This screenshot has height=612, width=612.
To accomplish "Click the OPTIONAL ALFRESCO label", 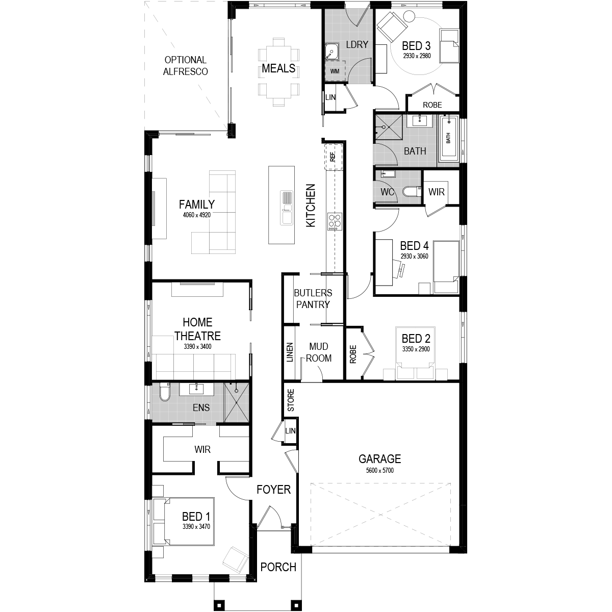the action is tap(185, 66).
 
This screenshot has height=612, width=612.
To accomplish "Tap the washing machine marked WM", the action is tap(335, 71).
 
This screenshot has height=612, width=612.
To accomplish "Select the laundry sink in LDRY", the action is tap(331, 52).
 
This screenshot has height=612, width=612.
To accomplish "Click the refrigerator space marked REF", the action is tap(333, 157).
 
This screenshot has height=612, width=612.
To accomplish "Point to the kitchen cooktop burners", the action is tap(335, 221).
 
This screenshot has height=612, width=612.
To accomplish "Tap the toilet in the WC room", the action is tap(412, 192).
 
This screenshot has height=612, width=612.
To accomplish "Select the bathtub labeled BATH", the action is tap(448, 138).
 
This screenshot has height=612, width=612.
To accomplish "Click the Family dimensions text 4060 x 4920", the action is tap(196, 215).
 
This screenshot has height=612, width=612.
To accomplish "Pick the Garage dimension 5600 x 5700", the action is tap(380, 470).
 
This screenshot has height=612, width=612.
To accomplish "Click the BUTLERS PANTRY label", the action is tap(313, 298).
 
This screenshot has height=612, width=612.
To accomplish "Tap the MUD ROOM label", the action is tap(319, 352).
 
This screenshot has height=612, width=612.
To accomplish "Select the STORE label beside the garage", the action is tap(291, 400).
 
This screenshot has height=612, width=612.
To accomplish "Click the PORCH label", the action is tap(278, 567).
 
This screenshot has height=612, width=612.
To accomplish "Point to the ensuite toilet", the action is tap(165, 392).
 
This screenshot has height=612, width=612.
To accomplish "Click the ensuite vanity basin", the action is tap(196, 389).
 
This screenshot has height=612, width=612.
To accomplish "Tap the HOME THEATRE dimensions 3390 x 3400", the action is tap(197, 346).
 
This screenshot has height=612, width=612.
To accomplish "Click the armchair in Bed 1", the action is tap(236, 559).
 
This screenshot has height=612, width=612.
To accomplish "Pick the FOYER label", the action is tap(273, 490).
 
